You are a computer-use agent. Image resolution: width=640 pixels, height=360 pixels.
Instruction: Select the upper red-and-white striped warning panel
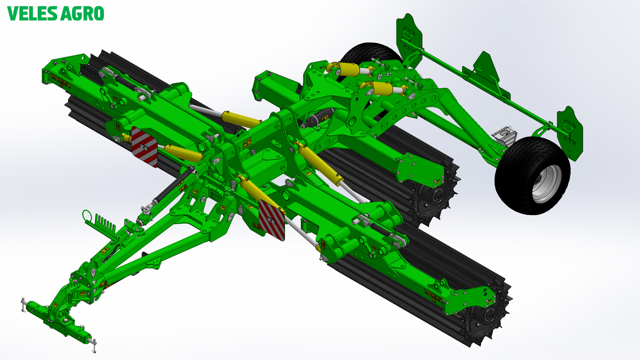click(144, 147)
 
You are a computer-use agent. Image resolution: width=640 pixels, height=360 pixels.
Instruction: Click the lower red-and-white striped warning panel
click(271, 220)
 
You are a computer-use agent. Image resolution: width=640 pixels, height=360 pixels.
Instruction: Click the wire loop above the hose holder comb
click(87, 215)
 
